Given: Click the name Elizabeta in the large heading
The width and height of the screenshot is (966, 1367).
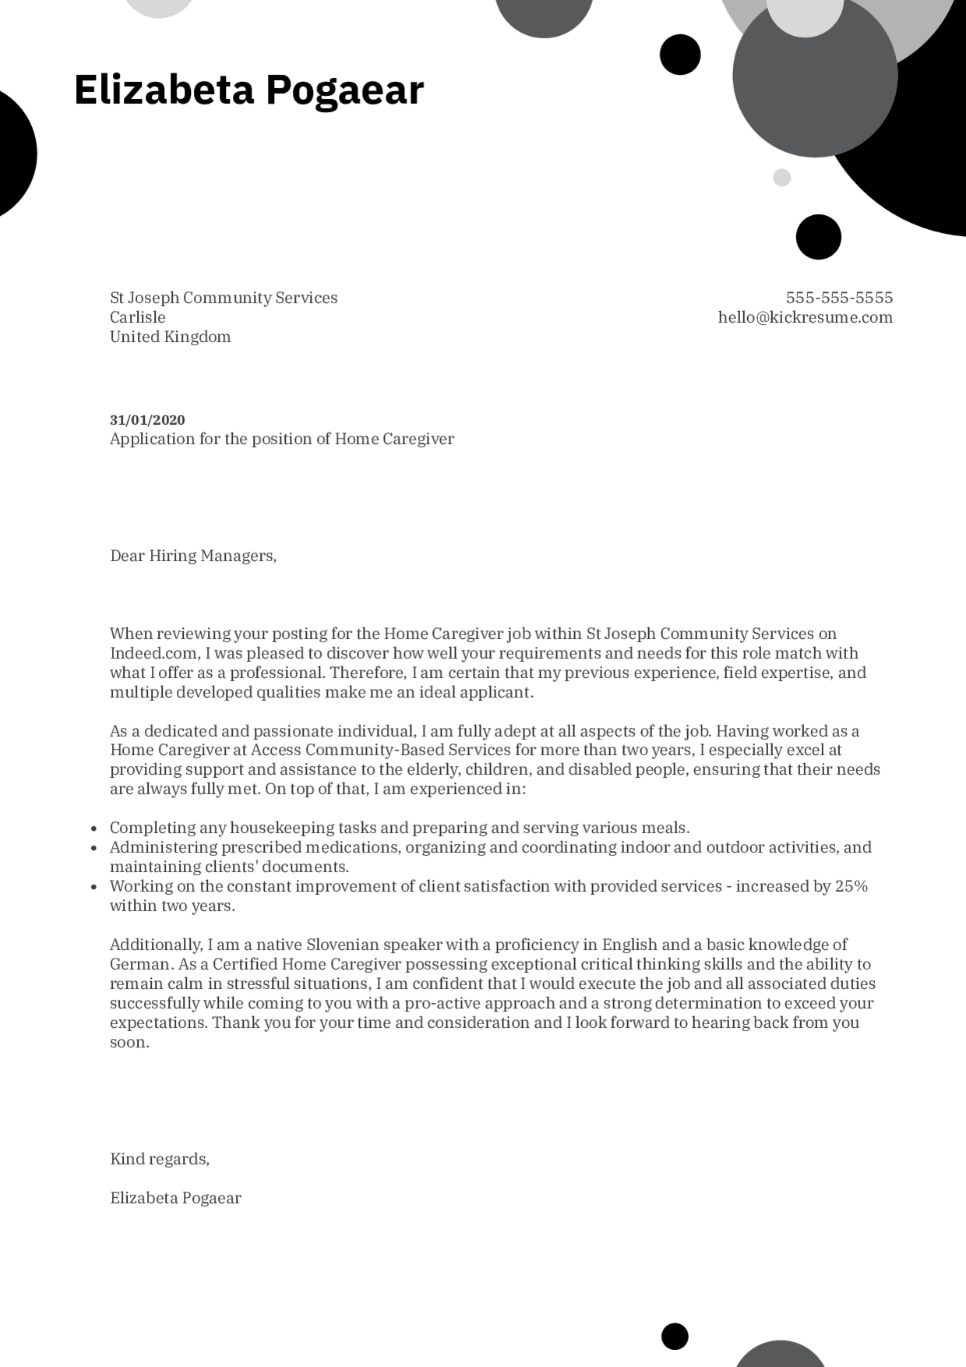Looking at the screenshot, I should (x=164, y=90).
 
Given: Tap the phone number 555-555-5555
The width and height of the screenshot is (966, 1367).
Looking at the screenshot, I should (x=839, y=298).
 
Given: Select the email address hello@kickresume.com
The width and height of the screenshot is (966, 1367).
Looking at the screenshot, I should (x=805, y=317).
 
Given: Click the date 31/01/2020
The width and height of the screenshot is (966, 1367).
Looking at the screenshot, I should (x=147, y=420).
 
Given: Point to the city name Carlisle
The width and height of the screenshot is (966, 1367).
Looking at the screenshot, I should (x=138, y=317).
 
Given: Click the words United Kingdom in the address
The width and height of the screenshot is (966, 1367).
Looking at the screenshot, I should (x=170, y=337).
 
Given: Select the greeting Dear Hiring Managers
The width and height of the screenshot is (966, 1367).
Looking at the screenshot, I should (x=193, y=556).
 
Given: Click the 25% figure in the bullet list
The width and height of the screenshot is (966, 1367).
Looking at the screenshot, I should (x=851, y=886).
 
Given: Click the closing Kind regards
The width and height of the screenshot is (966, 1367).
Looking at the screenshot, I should (x=160, y=1159).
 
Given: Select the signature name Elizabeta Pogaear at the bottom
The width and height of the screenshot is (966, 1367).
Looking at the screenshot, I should (x=175, y=1198).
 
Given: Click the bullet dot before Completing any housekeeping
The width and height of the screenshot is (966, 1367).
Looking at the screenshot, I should (x=93, y=829).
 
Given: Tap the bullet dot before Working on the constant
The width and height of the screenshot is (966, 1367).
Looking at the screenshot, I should (x=93, y=887).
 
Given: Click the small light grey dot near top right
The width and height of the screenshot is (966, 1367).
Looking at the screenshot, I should (x=781, y=178).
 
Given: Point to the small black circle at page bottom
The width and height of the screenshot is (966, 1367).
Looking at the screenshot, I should (x=675, y=1336).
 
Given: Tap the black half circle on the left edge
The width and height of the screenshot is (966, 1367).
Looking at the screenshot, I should (x=14, y=154).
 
